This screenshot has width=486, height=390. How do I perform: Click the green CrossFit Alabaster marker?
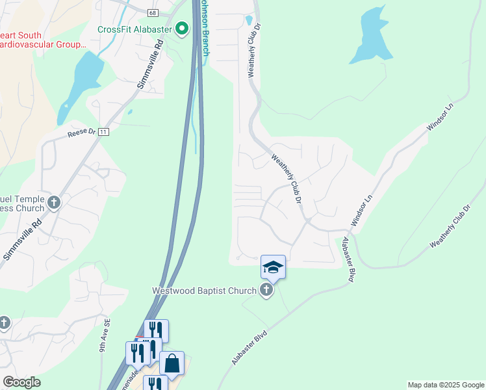[182, 29]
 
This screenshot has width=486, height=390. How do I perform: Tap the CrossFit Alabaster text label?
[134, 29]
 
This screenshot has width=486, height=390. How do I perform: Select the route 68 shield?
[152, 13]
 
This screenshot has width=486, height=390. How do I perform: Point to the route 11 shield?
[103, 131]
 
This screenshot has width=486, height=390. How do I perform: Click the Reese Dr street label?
[81, 135]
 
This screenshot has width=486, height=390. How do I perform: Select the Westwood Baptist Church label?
[205, 291]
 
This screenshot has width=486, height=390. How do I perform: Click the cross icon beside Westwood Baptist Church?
[266, 291]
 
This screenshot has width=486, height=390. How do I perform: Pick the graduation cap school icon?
[273, 266]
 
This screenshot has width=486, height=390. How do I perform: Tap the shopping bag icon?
[172, 363]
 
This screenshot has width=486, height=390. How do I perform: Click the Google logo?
[21, 382]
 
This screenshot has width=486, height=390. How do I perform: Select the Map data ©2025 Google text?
[446, 385]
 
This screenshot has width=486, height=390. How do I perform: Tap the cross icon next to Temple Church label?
[54, 203]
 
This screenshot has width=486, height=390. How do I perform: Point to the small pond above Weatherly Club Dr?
[249, 20]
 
